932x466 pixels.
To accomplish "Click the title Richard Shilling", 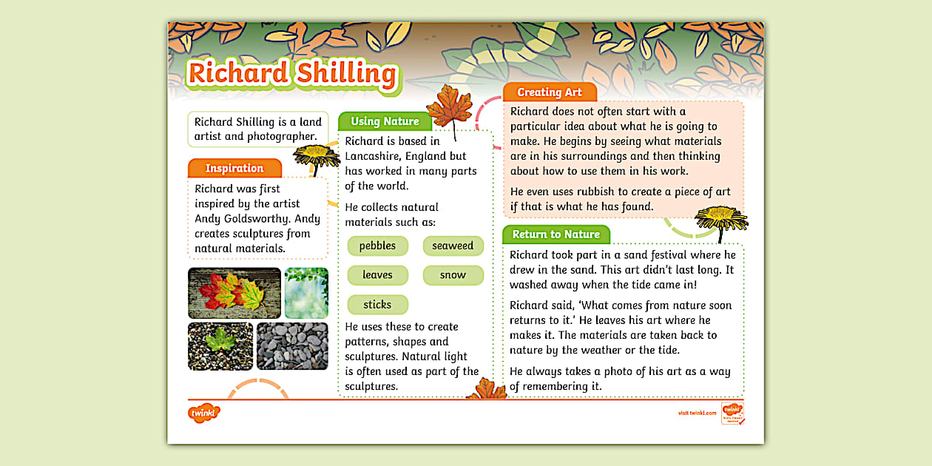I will (x=291, y=73).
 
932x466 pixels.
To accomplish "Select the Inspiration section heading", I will (x=234, y=168).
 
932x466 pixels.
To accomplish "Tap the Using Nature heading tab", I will (x=385, y=121).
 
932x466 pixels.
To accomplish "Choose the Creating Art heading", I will (x=549, y=92).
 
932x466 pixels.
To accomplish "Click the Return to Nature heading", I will (x=556, y=234).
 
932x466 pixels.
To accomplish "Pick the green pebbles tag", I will (x=377, y=246).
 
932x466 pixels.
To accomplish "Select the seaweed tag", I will (x=453, y=246).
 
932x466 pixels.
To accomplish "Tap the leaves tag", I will (x=377, y=275).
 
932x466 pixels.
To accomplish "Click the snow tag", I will (x=453, y=275).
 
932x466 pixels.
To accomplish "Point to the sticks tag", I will (x=377, y=304).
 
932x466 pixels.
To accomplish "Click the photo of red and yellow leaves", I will (x=234, y=293).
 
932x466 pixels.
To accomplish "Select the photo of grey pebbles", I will (x=291, y=345).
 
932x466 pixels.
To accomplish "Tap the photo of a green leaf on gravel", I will (x=220, y=345).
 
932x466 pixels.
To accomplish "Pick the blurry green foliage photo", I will (x=305, y=293).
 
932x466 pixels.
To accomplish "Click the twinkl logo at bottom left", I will (x=203, y=413).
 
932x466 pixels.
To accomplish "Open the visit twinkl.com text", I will (x=697, y=413).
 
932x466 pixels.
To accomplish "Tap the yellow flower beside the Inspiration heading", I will (x=317, y=156).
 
